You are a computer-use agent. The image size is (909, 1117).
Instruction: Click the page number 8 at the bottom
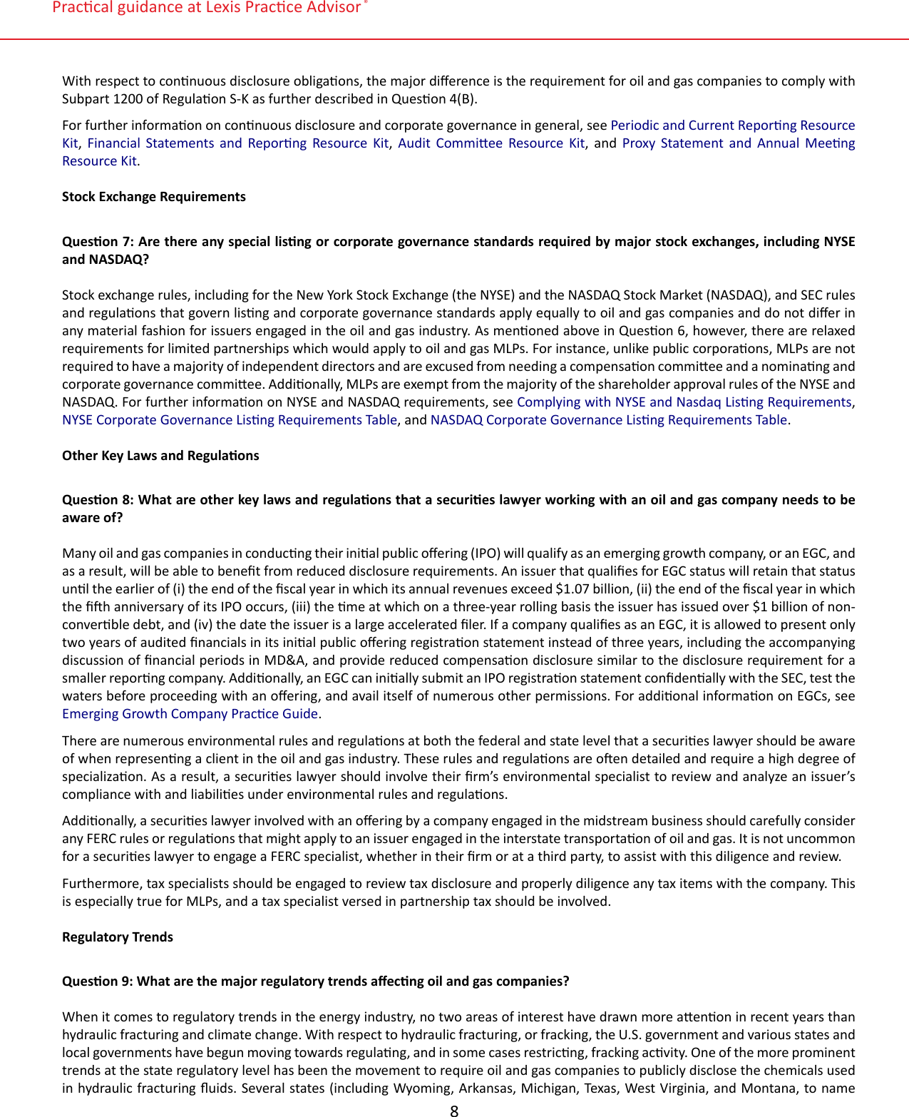point(454,1110)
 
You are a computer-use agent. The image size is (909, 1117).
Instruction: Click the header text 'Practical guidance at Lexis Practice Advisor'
point(207,8)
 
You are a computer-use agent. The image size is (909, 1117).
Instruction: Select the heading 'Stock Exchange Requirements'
point(153,197)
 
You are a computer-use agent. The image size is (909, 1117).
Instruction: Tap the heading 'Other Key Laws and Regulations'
point(160,456)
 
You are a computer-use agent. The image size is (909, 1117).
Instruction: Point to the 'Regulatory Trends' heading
point(118,937)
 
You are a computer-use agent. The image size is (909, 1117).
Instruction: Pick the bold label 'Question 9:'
point(98,981)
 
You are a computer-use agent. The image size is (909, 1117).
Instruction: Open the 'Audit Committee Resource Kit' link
point(491,143)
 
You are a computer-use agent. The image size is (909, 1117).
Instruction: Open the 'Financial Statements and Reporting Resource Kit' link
point(237,143)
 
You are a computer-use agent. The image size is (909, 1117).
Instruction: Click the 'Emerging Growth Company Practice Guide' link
point(190,714)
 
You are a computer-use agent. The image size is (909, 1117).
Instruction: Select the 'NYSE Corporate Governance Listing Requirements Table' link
point(229,420)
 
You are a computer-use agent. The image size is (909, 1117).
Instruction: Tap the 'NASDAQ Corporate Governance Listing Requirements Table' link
point(609,420)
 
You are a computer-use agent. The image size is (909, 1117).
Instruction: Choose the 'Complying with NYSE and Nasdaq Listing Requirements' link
point(684,402)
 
